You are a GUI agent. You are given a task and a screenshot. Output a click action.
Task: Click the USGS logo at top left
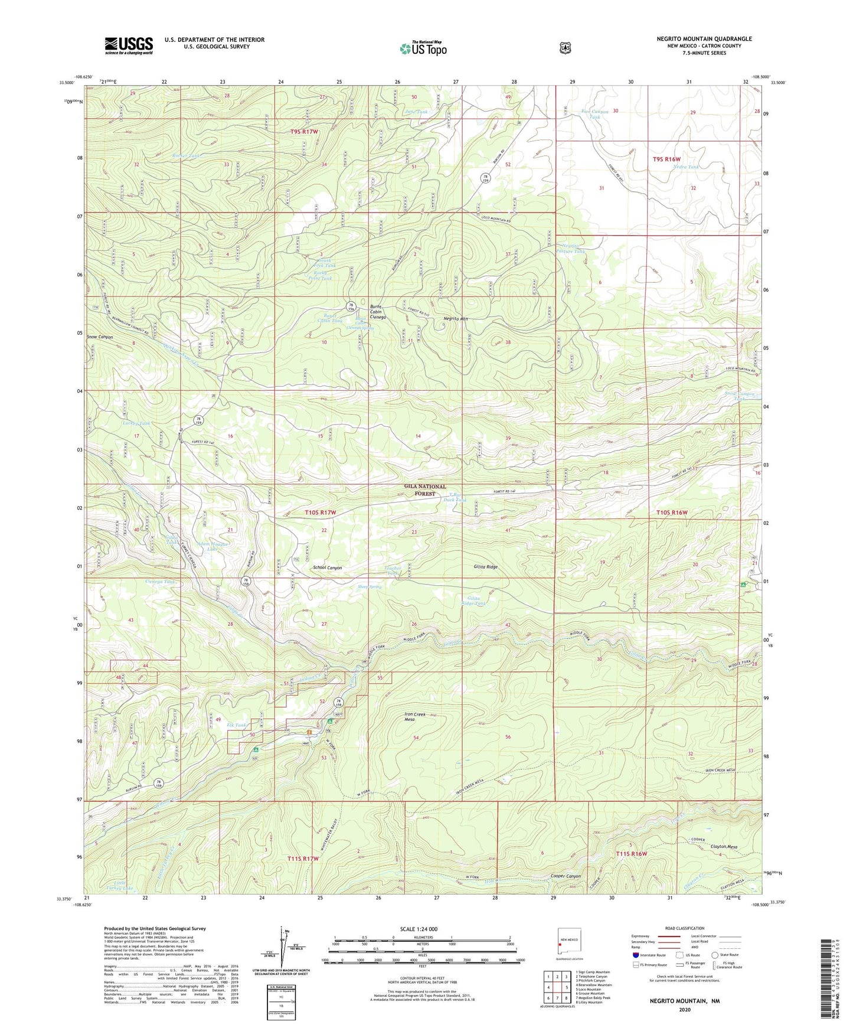(x=129, y=45)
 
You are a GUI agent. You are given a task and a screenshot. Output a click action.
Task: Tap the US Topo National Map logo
(x=422, y=48)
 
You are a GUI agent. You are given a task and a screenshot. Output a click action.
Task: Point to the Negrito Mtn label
(x=456, y=319)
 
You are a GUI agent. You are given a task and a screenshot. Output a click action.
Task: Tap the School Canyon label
(x=327, y=567)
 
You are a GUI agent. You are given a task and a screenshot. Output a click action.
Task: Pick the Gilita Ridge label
(x=485, y=566)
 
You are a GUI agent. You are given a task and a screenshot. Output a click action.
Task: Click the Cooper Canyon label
(x=566, y=876)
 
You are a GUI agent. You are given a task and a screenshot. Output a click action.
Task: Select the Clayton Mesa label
(x=724, y=847)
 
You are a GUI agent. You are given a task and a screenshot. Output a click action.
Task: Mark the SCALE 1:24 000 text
(x=419, y=929)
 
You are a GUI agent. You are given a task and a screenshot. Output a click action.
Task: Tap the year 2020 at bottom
(x=685, y=1009)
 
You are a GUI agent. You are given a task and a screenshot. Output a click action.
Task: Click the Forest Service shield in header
(x=565, y=48)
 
